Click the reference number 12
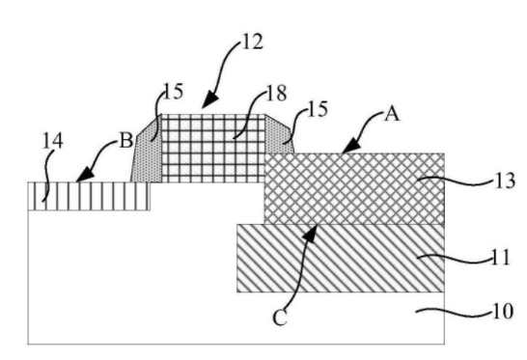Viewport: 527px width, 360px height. [x=252, y=42]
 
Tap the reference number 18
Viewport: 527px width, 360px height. [x=276, y=93]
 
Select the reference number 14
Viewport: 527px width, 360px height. [x=53, y=141]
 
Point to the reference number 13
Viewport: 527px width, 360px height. [x=505, y=180]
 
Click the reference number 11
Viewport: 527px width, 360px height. [x=501, y=257]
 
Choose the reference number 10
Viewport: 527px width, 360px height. [x=503, y=311]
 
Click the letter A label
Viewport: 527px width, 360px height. [x=392, y=114]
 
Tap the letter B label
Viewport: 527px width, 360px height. [x=126, y=140]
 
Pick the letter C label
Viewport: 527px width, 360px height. [x=280, y=318]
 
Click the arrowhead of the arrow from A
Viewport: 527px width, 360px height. [x=350, y=148]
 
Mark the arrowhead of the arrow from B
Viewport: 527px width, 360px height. [x=84, y=174]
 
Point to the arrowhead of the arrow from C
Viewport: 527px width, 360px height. [x=311, y=234]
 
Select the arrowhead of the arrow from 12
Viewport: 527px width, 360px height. [x=209, y=100]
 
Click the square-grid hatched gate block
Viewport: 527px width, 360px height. [x=213, y=149]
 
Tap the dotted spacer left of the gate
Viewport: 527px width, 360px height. [x=147, y=151]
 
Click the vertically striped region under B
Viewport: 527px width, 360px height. [x=89, y=196]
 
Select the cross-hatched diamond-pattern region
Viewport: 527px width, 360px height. [x=354, y=189]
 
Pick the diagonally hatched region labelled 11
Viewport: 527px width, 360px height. [x=341, y=258]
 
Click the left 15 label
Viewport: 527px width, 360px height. [x=173, y=92]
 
